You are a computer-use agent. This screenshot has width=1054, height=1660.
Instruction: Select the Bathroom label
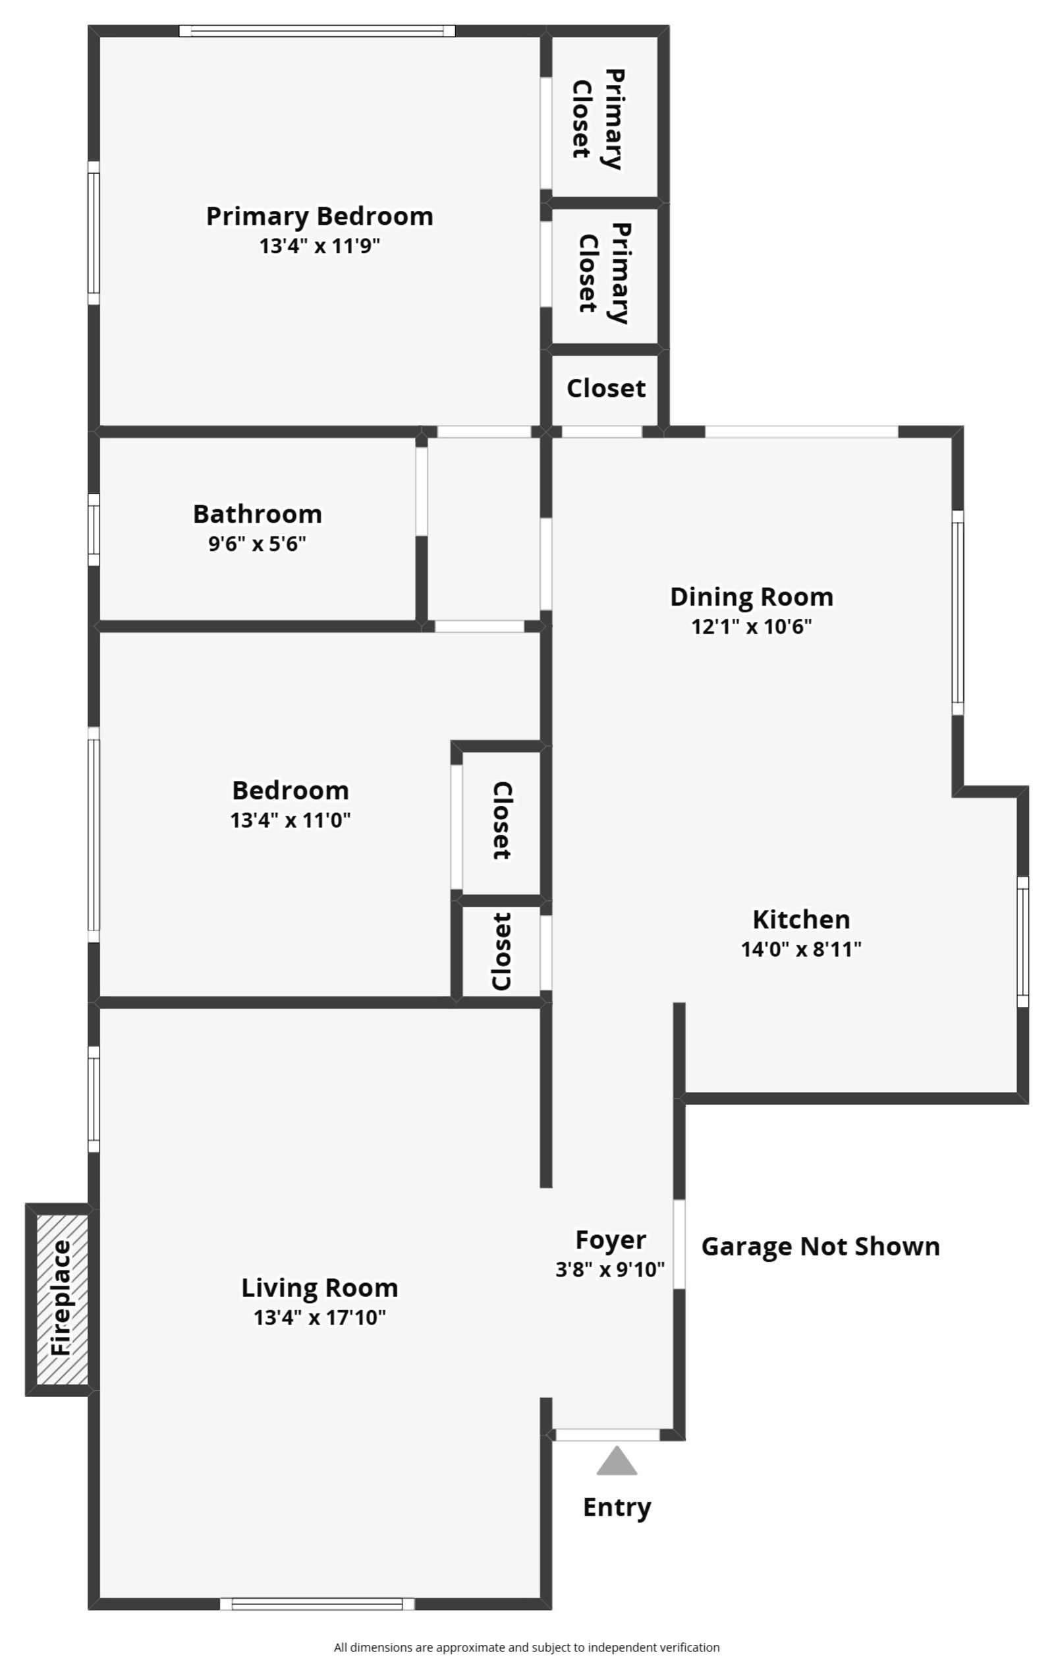point(257,514)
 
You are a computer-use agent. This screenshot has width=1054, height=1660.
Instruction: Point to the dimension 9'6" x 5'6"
point(257,544)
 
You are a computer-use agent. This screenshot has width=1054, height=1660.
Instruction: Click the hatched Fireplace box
point(61,1299)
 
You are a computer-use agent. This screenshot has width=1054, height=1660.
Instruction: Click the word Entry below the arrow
point(617,1506)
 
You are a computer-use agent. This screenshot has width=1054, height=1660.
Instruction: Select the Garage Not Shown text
point(820,1246)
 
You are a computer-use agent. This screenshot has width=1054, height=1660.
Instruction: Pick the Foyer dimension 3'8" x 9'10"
point(610,1269)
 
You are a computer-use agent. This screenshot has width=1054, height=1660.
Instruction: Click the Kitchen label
point(801,919)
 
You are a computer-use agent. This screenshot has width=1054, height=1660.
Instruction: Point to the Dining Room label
point(752,597)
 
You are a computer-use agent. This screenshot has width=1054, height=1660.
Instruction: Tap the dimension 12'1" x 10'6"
point(752,627)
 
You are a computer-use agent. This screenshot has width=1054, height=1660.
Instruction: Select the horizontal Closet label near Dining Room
point(606,389)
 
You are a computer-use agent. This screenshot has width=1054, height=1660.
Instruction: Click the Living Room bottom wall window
point(317,1604)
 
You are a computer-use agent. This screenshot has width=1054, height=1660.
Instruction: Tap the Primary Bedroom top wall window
point(317,31)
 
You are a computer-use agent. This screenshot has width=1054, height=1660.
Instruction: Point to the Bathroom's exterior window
point(94,529)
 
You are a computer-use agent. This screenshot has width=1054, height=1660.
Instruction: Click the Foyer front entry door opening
point(607,1435)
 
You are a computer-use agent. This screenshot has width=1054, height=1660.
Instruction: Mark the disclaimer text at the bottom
point(526,1647)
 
